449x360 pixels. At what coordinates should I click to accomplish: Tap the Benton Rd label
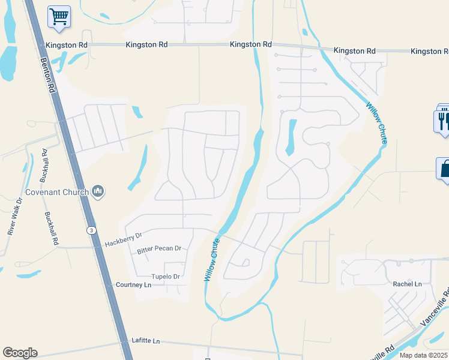(48, 74)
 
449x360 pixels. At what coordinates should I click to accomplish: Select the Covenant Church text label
(57, 193)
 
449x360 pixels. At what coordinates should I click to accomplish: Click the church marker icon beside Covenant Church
(98, 192)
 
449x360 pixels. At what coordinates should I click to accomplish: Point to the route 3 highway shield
(90, 230)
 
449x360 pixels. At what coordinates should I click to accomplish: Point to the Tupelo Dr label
(165, 277)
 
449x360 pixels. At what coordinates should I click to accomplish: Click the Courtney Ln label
(133, 284)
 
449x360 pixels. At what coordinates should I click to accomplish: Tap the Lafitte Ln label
(146, 341)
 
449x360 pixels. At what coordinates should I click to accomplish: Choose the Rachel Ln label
(407, 284)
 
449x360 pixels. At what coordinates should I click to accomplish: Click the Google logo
(20, 353)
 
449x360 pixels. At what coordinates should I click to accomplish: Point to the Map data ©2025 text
(423, 355)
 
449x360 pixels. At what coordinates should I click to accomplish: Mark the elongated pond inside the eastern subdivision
(292, 137)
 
